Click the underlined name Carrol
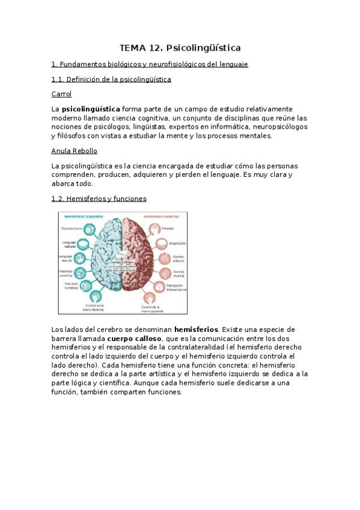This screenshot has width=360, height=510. pyautogui.click(x=62, y=94)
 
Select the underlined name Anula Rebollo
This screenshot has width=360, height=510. pyautogui.click(x=75, y=151)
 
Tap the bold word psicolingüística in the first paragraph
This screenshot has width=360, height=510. pyautogui.click(x=91, y=109)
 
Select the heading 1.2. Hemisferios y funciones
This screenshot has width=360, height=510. pyautogui.click(x=99, y=198)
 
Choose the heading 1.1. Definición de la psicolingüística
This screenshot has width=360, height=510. pyautogui.click(x=112, y=79)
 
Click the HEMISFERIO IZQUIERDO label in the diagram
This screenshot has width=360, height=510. pyautogui.click(x=84, y=217)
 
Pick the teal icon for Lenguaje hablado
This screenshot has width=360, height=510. pyautogui.click(x=83, y=244)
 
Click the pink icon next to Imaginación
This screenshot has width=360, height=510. pyautogui.click(x=161, y=244)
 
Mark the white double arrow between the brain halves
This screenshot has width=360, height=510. pyautogui.click(x=123, y=252)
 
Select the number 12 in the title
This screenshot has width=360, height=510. pyautogui.click(x=155, y=47)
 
